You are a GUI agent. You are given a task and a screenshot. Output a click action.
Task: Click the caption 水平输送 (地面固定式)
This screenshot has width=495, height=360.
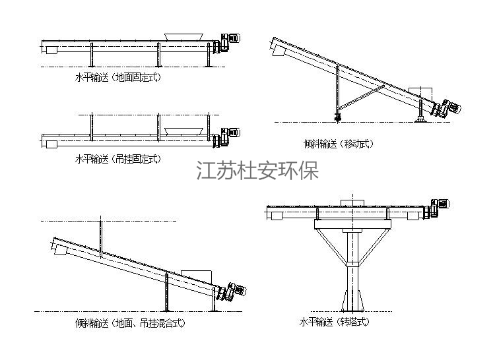coord(118,77)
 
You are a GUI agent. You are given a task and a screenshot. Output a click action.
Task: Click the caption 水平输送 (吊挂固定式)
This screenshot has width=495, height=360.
coord(118,159)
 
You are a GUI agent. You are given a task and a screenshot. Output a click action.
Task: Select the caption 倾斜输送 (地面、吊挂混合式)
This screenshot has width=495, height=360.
coord(130,323)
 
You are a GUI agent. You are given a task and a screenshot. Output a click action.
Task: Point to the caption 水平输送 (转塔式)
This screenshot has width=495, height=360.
coord(334,322)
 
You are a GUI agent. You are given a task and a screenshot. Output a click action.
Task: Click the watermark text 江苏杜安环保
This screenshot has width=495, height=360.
coord(258,171)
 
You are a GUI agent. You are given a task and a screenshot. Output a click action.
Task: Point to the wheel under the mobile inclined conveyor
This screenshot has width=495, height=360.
coord(338,118)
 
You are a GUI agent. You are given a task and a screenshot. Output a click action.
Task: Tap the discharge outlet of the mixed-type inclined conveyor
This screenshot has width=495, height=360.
coord(58,248)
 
